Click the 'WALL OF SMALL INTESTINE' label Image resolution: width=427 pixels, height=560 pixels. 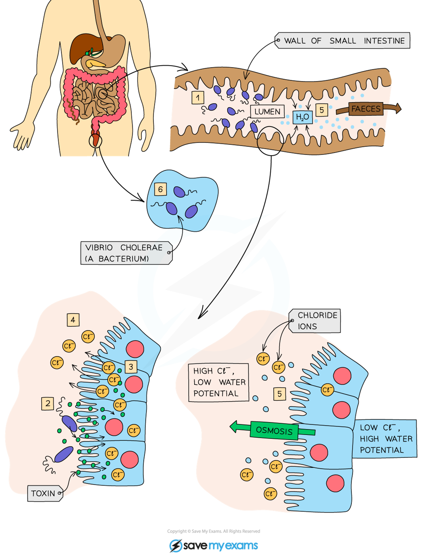coord(343,41)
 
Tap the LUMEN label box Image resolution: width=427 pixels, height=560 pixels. coord(267,112)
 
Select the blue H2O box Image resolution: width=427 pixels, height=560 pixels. coord(303,117)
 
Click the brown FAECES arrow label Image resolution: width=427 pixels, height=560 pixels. coord(366,109)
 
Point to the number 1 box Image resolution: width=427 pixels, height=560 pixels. coord(198,97)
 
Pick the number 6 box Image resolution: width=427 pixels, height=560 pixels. coord(160,189)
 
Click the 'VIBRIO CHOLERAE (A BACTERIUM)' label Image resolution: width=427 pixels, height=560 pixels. coord(126,253)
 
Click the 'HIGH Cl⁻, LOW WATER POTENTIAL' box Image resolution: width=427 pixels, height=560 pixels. coord(219,382)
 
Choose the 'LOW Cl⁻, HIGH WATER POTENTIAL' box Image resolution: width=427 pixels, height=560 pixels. coord(384,439)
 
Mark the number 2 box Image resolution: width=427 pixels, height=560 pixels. coord(48,404)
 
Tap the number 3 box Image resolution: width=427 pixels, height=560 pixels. coord(131,367)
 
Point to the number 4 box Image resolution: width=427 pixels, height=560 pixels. coord(73,320)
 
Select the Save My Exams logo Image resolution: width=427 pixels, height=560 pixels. coord(213,545)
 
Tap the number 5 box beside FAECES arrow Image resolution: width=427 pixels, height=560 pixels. coord(322,110)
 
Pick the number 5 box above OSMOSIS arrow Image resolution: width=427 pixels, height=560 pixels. coord(280,394)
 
